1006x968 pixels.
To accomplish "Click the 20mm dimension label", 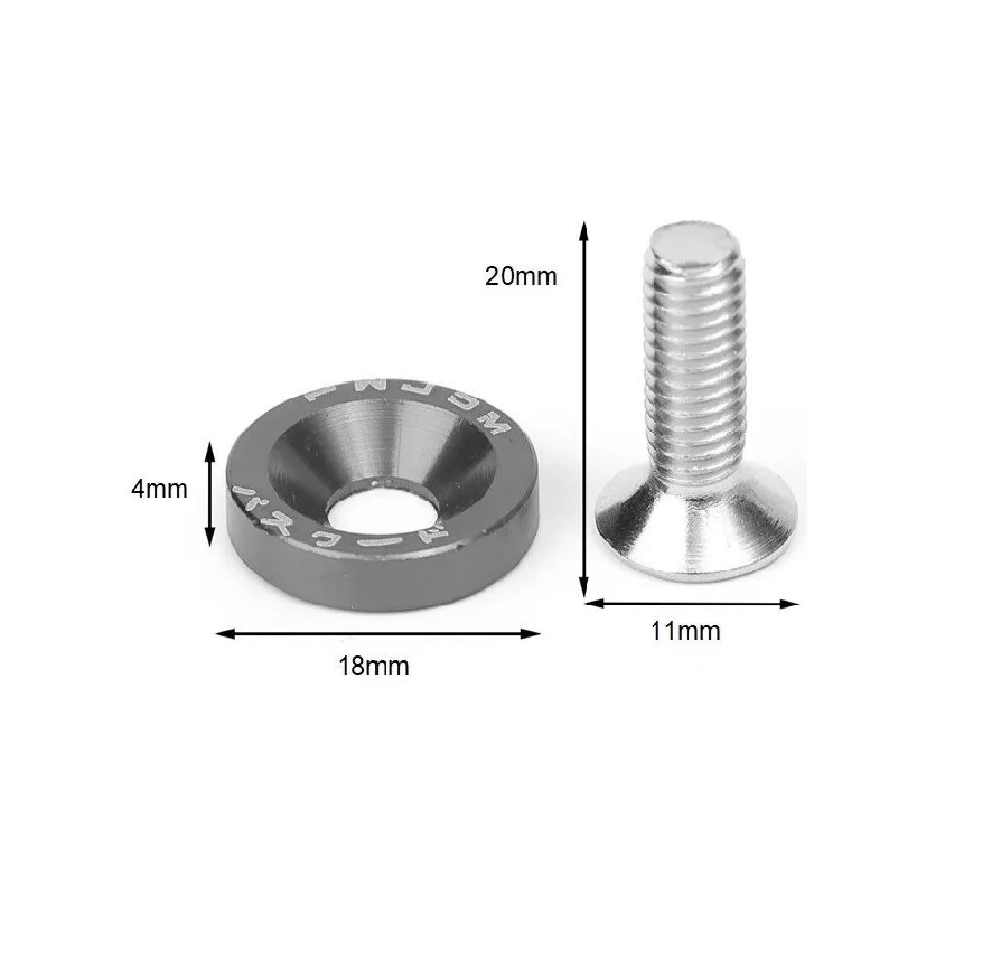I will click(x=521, y=276).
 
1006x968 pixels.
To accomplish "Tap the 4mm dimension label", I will click(x=159, y=489).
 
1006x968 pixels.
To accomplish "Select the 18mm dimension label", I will click(x=374, y=667).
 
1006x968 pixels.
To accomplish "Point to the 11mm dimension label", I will click(x=686, y=631).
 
